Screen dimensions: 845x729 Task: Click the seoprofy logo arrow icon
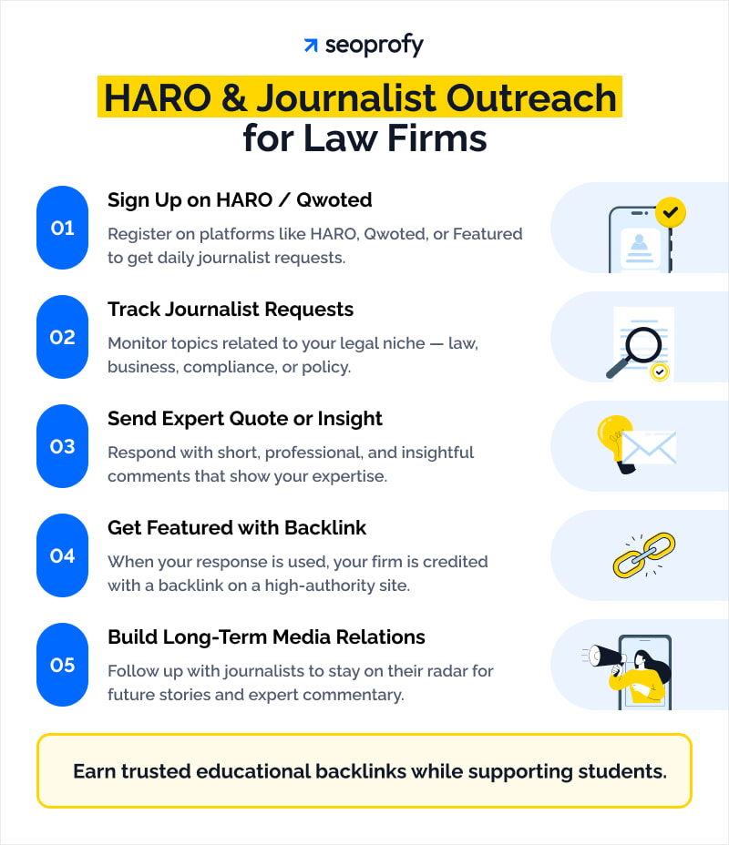(x=311, y=46)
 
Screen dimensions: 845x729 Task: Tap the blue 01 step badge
(x=62, y=228)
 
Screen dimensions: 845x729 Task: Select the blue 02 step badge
(x=62, y=337)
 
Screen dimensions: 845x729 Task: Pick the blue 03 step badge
(x=62, y=446)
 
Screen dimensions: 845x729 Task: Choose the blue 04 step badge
(x=62, y=555)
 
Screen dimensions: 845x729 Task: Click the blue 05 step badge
(x=62, y=665)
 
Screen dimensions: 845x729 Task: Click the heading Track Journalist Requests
(x=231, y=310)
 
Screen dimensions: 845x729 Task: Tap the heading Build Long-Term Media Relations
(x=266, y=637)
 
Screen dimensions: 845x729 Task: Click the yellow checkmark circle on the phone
(x=671, y=213)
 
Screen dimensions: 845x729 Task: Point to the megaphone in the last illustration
(x=605, y=656)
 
